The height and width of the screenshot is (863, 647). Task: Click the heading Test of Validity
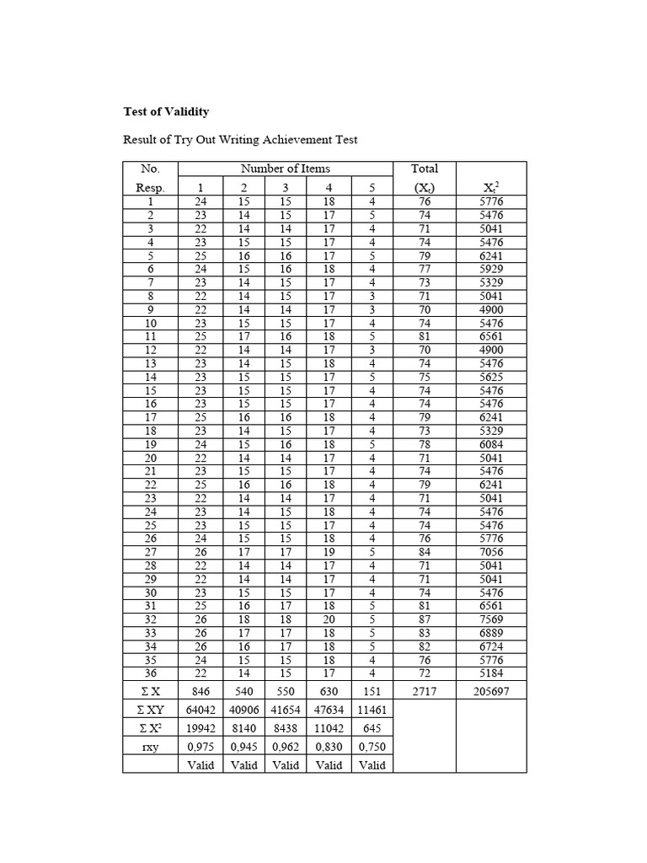click(x=166, y=111)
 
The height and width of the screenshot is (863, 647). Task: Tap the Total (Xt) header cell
click(x=424, y=178)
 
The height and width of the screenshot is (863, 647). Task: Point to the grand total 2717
click(x=424, y=691)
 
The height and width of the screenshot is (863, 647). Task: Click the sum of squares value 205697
click(x=491, y=691)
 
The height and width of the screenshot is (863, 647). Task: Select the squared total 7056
click(x=491, y=552)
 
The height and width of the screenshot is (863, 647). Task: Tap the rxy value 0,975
click(x=201, y=747)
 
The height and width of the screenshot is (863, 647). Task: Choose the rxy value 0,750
click(x=372, y=747)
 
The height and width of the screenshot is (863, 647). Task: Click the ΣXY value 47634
click(x=329, y=710)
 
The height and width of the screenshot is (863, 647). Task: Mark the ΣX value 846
click(x=201, y=691)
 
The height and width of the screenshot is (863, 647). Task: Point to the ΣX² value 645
click(x=372, y=728)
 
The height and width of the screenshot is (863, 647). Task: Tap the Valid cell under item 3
click(x=286, y=765)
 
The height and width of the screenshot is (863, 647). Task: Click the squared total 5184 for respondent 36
click(x=491, y=673)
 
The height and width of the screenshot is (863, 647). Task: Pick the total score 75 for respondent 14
click(x=424, y=377)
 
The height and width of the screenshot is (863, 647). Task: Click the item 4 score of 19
click(x=329, y=552)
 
